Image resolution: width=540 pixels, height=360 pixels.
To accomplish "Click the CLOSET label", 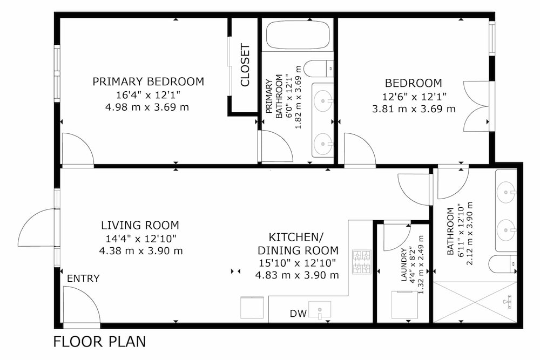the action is pyautogui.click(x=245, y=65).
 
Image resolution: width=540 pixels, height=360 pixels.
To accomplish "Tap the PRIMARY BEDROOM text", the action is pyautogui.click(x=148, y=81).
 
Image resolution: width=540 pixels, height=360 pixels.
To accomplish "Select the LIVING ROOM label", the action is pyautogui.click(x=140, y=225).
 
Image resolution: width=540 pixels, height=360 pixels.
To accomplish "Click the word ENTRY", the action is pyautogui.click(x=83, y=278).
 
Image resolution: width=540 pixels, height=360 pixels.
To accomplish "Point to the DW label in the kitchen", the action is pyautogui.click(x=298, y=314).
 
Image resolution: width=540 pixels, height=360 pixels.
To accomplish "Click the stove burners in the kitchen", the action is pyautogui.click(x=362, y=262).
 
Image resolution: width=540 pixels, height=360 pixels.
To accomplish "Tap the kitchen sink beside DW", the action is pyautogui.click(x=320, y=309).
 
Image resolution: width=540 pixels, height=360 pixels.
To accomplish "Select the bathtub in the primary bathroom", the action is pyautogui.click(x=298, y=35).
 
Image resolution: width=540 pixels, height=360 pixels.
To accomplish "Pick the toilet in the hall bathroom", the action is pyautogui.click(x=502, y=263).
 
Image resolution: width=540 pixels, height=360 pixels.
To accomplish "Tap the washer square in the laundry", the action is pyautogui.click(x=405, y=304).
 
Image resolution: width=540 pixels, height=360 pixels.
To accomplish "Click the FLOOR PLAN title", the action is pyautogui.click(x=99, y=342).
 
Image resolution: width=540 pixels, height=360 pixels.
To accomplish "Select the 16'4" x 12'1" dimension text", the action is pyautogui.click(x=148, y=94).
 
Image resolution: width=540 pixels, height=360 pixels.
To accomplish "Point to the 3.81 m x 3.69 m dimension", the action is pyautogui.click(x=414, y=109).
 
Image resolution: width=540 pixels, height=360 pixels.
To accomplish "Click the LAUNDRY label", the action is pyautogui.click(x=404, y=264).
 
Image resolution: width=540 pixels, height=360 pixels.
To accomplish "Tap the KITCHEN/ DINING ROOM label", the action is pyautogui.click(x=298, y=243).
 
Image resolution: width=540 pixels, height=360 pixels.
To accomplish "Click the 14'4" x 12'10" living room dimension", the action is pyautogui.click(x=141, y=238).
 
